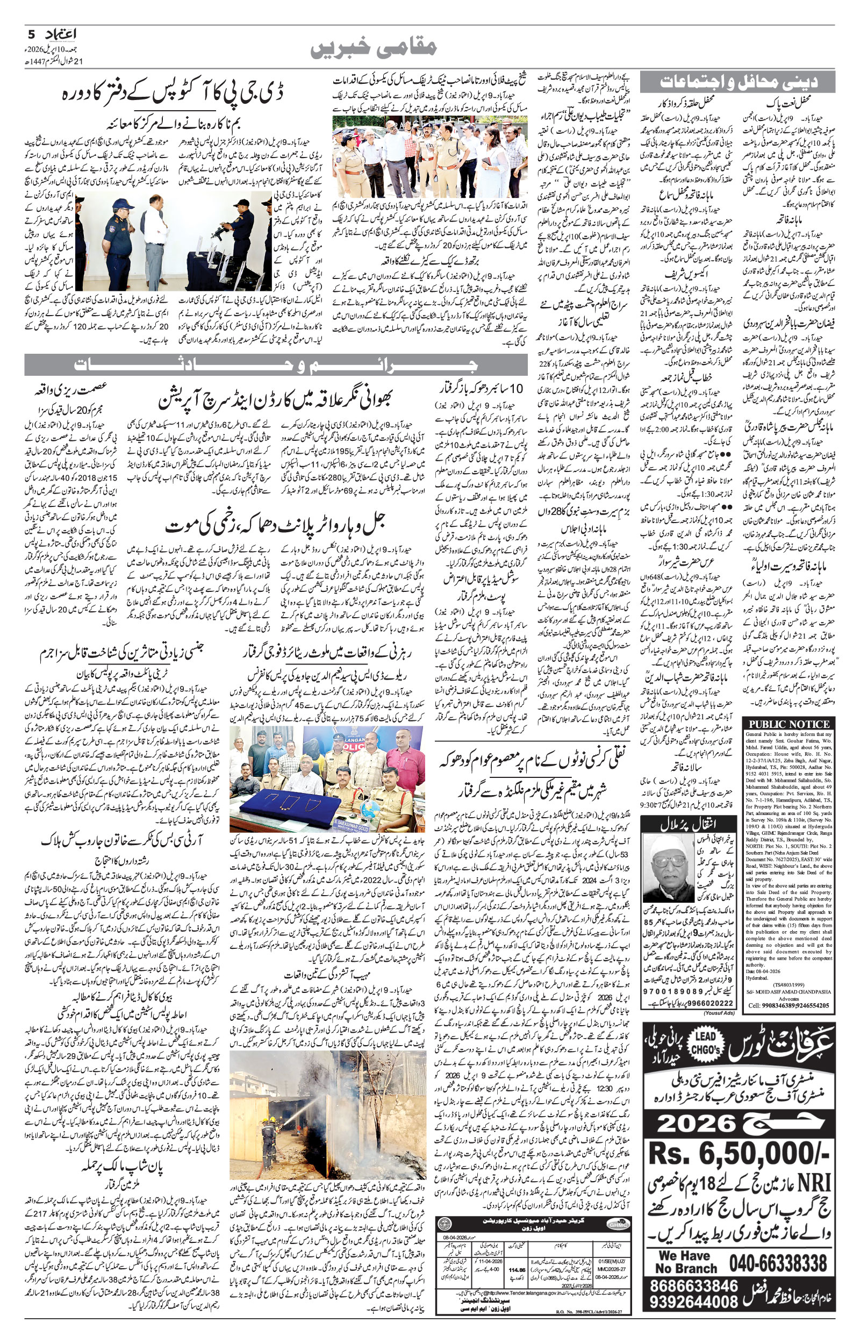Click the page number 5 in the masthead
pyautogui.click(x=31, y=34)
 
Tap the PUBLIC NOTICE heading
pyautogui.click(x=789, y=724)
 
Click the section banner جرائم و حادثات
pyautogui.click(x=275, y=365)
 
